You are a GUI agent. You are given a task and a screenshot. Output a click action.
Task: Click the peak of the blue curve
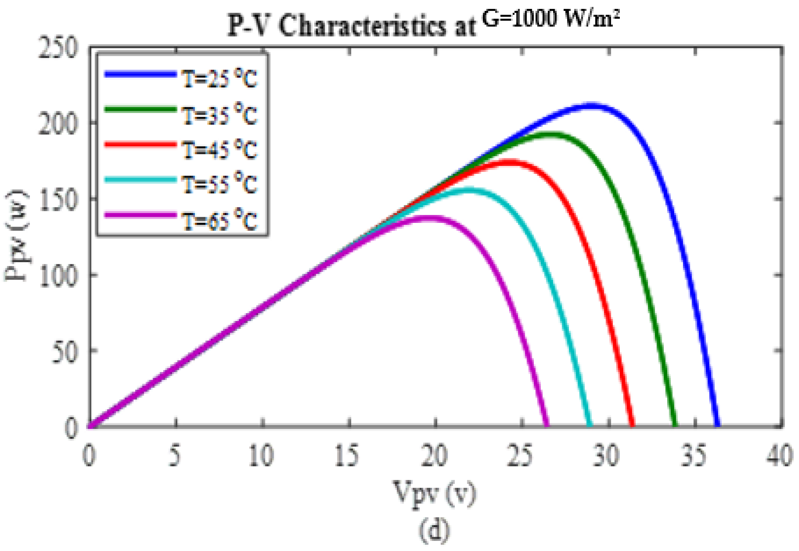coord(591,106)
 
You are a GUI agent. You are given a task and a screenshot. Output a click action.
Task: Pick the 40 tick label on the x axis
coord(780,456)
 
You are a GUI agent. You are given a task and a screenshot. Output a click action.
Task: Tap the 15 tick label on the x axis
coord(347,456)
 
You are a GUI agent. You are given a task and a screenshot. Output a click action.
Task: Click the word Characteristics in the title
coord(362,26)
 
